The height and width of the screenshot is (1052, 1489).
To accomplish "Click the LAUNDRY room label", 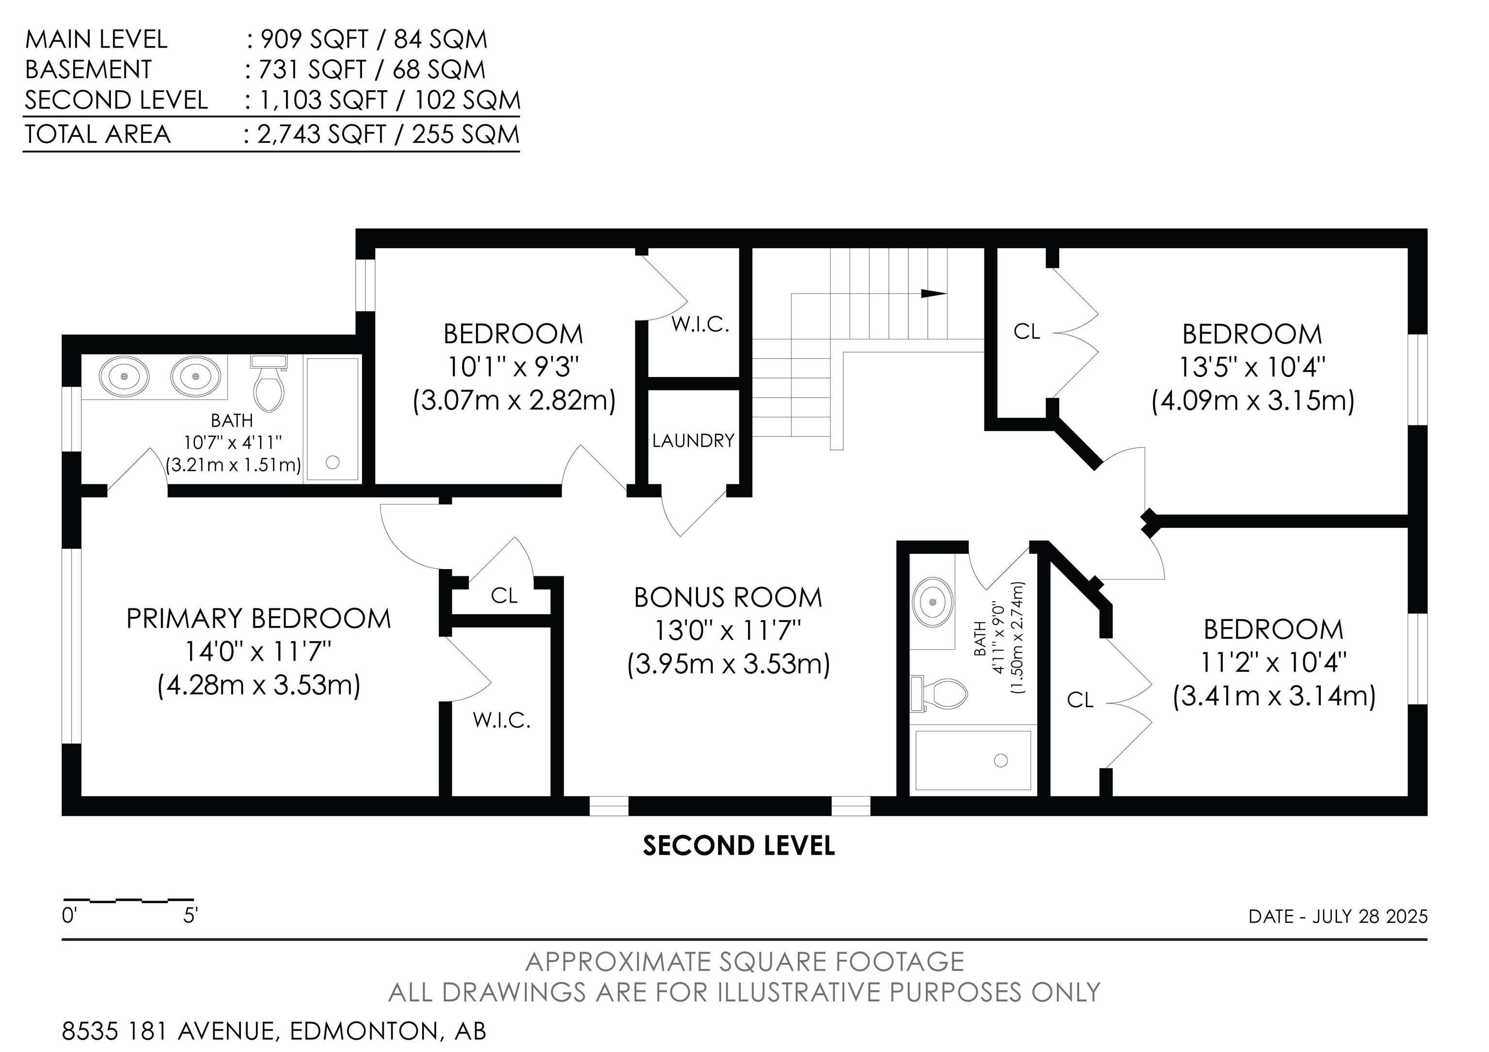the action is click(693, 441).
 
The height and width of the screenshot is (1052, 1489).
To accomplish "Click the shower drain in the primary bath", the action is click(333, 462).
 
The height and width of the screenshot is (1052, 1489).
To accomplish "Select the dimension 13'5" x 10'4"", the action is click(1251, 368).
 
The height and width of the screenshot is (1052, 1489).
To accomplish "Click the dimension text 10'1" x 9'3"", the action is click(513, 368).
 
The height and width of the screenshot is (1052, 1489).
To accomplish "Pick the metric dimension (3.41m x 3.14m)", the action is click(1274, 697).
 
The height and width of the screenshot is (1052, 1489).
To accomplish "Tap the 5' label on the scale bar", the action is click(190, 916).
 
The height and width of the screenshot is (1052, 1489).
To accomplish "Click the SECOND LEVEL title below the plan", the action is click(739, 846).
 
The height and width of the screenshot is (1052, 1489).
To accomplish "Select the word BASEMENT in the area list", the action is click(88, 69).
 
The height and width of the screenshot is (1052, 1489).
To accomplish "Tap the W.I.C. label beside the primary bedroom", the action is click(502, 720).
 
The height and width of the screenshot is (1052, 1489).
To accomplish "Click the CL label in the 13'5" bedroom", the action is click(1027, 332).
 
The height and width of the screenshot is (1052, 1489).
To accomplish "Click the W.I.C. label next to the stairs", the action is click(700, 324).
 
